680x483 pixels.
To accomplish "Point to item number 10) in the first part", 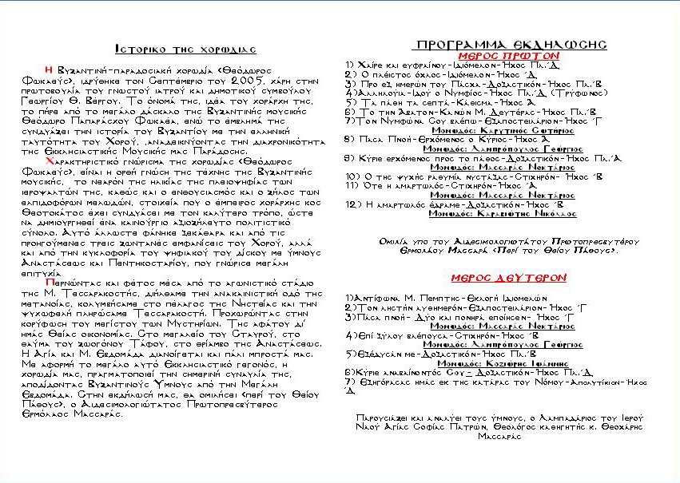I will [x=352, y=175].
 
